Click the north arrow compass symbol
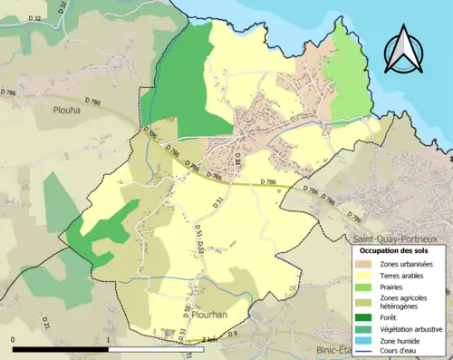(404, 48)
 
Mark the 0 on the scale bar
(13, 339)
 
